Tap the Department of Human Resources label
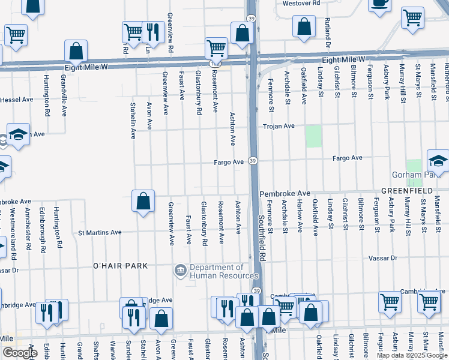pos(216,272)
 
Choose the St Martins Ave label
pos(100,232)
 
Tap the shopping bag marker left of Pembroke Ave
pos(143,202)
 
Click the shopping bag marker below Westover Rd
pos(304,26)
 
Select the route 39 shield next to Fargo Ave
pos(253,161)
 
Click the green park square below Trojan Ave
pos(313,137)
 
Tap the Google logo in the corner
pos(20,352)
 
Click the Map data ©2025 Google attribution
pos(411,355)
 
